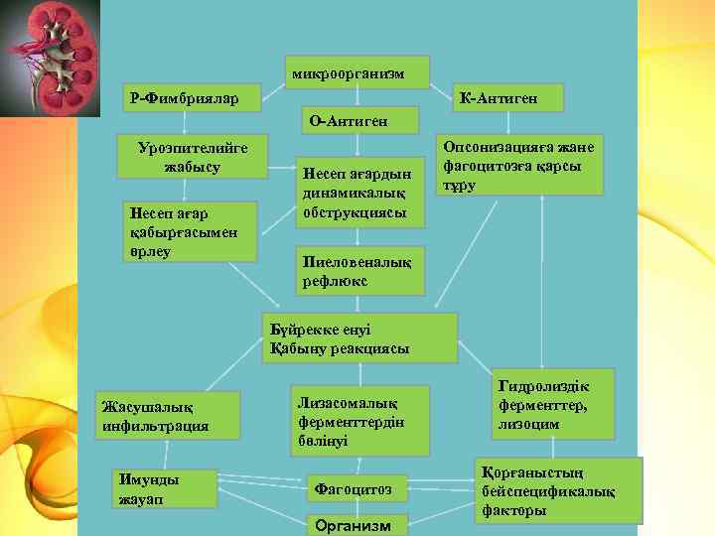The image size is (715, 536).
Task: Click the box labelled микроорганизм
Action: pos(357,71)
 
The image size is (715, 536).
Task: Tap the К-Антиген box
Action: pos(508,97)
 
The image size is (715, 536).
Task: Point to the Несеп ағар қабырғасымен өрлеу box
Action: pos(188,231)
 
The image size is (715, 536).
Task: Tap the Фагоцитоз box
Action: pos(357,488)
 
